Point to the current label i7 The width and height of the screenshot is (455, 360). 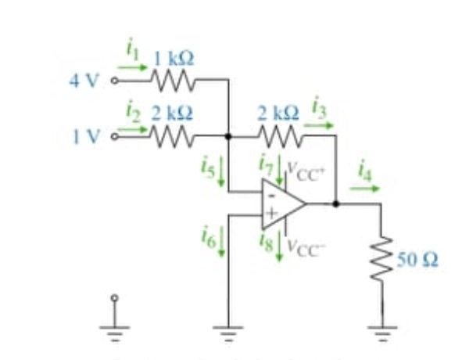pyautogui.click(x=267, y=164)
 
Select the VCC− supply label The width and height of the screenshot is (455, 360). pyautogui.click(x=303, y=245)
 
